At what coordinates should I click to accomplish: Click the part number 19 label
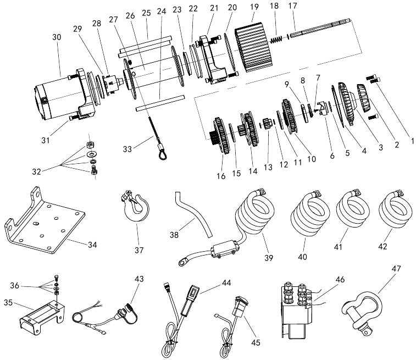(254, 7)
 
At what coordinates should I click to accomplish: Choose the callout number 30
(57, 37)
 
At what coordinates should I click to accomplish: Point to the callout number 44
(226, 283)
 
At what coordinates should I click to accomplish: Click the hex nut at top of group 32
(90, 145)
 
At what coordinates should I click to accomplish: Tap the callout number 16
(221, 176)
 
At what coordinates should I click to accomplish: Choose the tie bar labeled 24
(160, 103)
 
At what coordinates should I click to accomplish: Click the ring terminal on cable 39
(183, 262)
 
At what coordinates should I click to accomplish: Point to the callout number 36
(15, 285)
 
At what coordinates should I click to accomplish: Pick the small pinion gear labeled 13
(267, 124)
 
